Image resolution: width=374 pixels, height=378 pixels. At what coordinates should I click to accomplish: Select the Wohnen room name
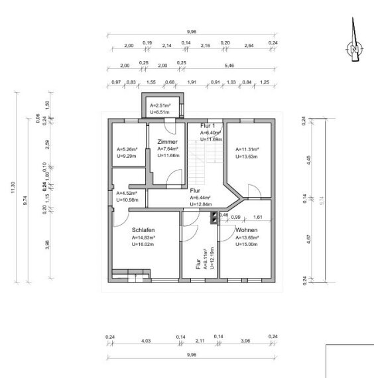246,229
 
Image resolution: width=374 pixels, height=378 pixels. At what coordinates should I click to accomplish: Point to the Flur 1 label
210,125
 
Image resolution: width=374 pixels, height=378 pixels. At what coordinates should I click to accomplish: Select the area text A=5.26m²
126,149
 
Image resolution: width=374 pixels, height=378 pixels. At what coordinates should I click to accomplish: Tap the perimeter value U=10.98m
126,200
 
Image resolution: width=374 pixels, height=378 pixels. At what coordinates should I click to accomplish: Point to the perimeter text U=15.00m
247,244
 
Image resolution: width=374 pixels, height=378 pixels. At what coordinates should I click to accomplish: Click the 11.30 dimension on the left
12,188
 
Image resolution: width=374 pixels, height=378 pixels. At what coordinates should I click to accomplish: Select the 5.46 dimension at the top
229,66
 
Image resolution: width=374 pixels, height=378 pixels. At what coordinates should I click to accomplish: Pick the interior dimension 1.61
258,217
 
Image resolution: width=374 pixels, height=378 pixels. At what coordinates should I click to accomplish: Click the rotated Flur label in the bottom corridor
198,264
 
